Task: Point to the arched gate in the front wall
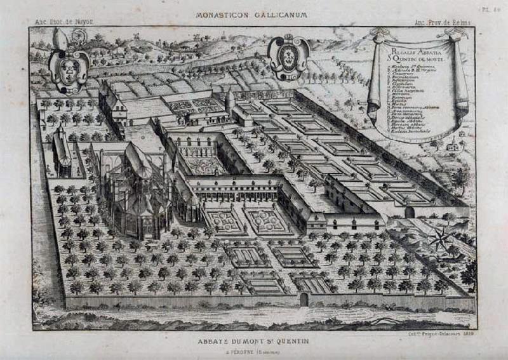point(304,300)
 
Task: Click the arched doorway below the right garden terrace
point(410,212)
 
